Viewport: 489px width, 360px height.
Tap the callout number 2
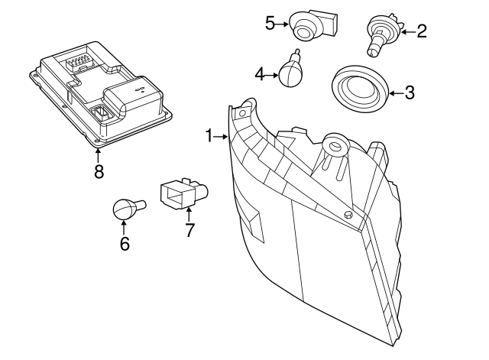pos(421,31)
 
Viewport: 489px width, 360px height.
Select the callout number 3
pos(410,93)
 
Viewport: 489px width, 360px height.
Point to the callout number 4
pos(260,74)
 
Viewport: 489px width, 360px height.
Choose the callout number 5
pos(270,23)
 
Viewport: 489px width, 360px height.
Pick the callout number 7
pos(190,229)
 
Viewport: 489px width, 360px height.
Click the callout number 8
pos(99,171)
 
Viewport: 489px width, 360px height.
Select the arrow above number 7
pos(189,212)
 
